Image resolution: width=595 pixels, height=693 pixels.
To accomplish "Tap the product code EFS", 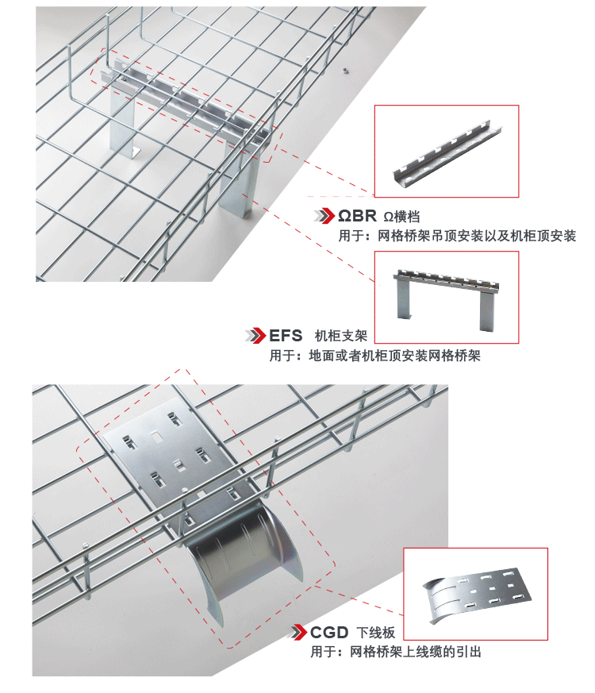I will (286, 335).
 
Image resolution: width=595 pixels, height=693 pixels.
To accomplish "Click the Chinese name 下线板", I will (375, 633).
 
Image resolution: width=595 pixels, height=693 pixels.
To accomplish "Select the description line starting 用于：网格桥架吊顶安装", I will (456, 236).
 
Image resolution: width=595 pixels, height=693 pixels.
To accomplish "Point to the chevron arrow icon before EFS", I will (255, 335).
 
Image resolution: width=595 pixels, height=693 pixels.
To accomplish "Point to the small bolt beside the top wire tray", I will (345, 70).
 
